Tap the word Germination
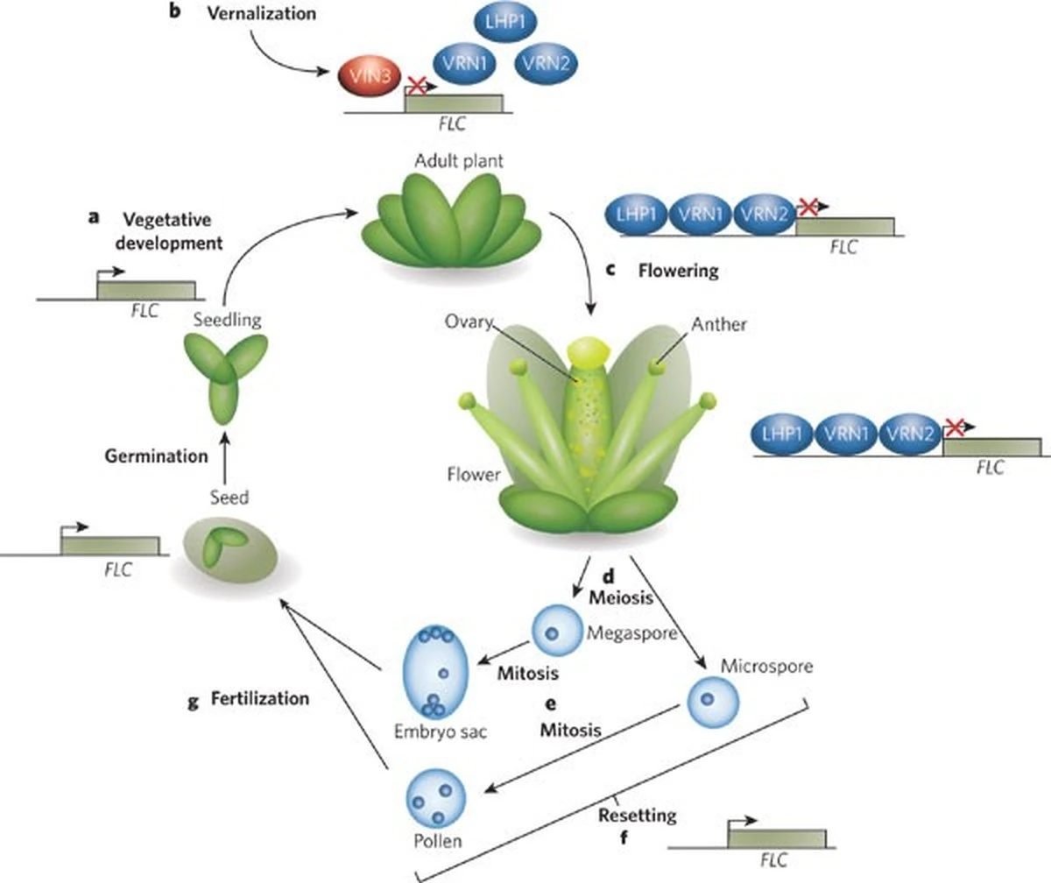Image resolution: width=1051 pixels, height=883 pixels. click(x=156, y=456)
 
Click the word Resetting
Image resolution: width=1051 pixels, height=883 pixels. click(x=637, y=816)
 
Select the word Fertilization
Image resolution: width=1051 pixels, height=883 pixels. click(x=260, y=699)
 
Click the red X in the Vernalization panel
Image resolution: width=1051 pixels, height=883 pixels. click(x=418, y=85)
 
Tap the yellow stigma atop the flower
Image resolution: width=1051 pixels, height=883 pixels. click(x=585, y=350)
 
